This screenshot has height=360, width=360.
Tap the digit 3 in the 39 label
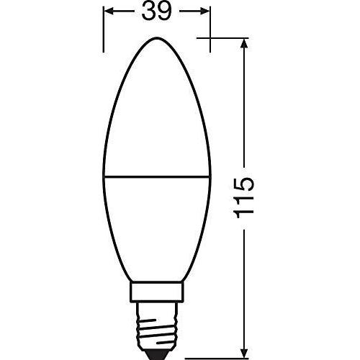tap(149, 12)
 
